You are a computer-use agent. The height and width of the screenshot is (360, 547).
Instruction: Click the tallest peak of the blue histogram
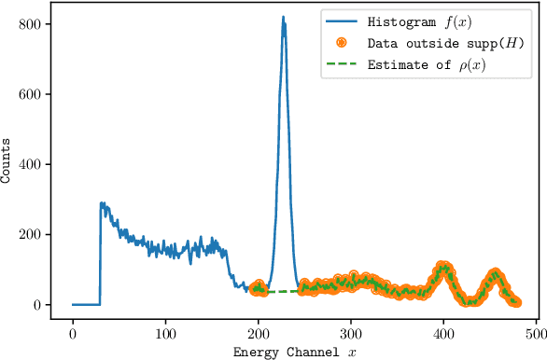pos(283,18)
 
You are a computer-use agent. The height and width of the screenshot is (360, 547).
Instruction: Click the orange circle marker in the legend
pos(342,43)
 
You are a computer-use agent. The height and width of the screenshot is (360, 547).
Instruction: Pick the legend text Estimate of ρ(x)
pos(427,64)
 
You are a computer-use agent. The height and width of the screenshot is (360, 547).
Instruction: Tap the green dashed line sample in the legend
pos(342,64)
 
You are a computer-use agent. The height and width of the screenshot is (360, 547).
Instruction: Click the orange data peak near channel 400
pos(443,267)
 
